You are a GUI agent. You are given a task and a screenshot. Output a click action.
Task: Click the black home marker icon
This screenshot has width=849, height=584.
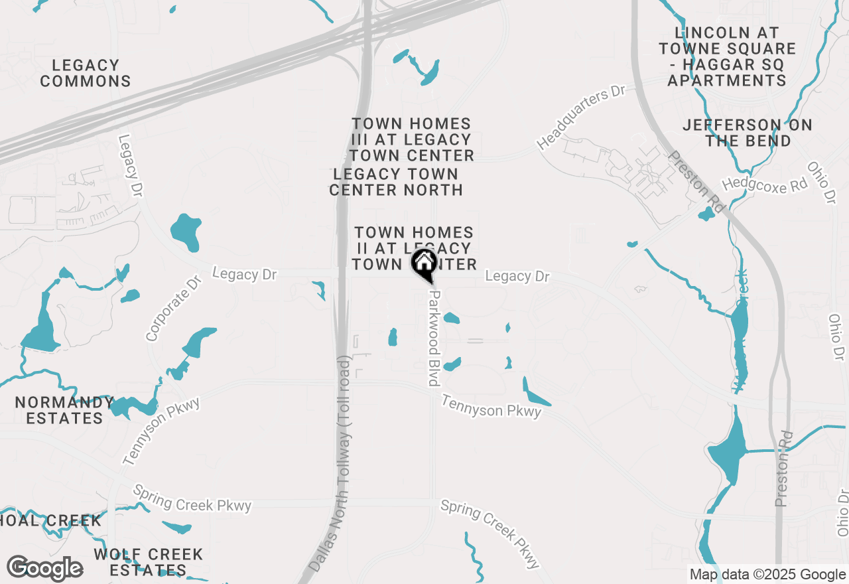[x=424, y=264]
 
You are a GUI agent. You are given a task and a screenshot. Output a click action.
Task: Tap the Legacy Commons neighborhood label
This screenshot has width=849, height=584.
[x=86, y=73]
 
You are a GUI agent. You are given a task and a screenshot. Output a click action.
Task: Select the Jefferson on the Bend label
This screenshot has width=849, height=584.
[x=748, y=133]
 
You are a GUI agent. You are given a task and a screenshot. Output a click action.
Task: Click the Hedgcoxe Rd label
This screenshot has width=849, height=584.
[x=765, y=184]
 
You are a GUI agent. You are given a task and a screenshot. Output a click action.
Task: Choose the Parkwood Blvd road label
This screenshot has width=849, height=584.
[x=434, y=337]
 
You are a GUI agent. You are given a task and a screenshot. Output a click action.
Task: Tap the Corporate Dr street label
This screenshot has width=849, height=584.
[x=173, y=309]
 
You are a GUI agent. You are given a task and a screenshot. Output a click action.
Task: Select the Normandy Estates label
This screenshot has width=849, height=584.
[x=64, y=410]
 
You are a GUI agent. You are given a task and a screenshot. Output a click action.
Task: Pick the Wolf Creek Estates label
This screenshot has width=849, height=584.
[x=148, y=561]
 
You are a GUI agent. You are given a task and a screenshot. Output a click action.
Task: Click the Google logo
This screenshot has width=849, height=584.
[x=45, y=569]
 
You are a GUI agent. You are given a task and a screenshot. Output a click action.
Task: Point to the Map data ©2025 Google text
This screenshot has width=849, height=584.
[x=767, y=575]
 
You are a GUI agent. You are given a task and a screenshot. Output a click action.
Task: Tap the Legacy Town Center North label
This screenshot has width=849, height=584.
[x=396, y=182]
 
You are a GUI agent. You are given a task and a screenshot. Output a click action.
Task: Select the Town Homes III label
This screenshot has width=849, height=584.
[x=412, y=139]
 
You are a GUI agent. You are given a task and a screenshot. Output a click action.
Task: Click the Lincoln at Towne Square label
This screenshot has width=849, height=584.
[x=727, y=56]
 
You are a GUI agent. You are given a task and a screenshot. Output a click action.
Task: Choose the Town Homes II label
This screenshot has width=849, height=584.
[x=413, y=248]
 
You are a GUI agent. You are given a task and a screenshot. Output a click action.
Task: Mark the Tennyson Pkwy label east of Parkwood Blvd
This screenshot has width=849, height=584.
[x=491, y=407]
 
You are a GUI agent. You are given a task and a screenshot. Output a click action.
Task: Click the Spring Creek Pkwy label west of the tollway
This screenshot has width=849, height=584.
[x=192, y=498]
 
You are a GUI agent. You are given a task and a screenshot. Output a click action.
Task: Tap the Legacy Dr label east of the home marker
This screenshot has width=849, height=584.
[x=517, y=275]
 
